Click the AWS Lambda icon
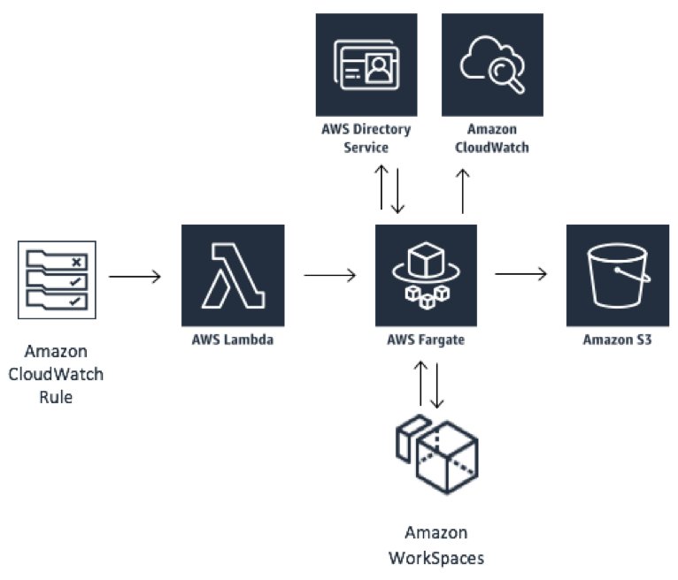pos(233,275)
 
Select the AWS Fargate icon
pos(426,275)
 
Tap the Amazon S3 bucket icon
pos(618,275)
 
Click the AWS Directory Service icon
pos(366,65)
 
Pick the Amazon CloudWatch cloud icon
pos(492,65)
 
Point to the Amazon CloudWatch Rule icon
pos(57,280)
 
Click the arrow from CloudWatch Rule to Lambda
pos(135,277)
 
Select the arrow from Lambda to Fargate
pos(330,275)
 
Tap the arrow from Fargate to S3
pos(521,273)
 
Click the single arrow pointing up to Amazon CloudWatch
pos(463,191)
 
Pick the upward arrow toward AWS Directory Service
pos(381,187)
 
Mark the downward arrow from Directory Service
pos(397,191)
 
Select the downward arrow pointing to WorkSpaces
pos(436,385)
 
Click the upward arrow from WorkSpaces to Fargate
pos(420,383)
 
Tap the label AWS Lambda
pos(233,340)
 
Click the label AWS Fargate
pos(426,340)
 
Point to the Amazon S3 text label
pos(617,340)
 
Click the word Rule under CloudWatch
pos(56,397)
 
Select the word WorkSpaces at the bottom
pos(436,558)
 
